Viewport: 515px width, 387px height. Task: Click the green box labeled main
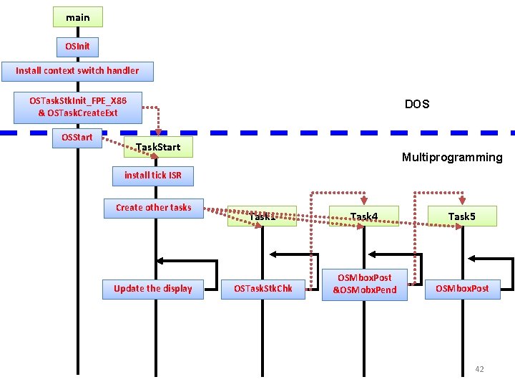click(77, 16)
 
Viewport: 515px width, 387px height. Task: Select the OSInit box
click(77, 47)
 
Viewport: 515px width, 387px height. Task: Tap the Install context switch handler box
click(77, 71)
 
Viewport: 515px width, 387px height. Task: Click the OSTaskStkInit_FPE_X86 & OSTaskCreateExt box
click(77, 107)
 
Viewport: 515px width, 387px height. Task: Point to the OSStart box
click(77, 138)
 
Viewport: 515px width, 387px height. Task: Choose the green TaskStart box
click(158, 148)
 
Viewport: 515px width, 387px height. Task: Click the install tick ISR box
click(152, 175)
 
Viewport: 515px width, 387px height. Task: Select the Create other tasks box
click(153, 208)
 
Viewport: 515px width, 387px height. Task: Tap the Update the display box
click(152, 289)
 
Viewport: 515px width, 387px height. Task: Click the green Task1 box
click(262, 216)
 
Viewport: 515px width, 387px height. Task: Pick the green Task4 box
click(363, 216)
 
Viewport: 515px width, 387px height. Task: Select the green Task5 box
click(461, 216)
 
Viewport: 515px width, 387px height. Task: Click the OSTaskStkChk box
click(263, 289)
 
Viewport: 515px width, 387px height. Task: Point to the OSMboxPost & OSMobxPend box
click(364, 284)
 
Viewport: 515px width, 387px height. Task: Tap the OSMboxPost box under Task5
click(463, 289)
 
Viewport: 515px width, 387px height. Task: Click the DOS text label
click(417, 104)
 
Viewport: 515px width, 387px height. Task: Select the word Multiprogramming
click(451, 158)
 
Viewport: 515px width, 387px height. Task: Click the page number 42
click(479, 369)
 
